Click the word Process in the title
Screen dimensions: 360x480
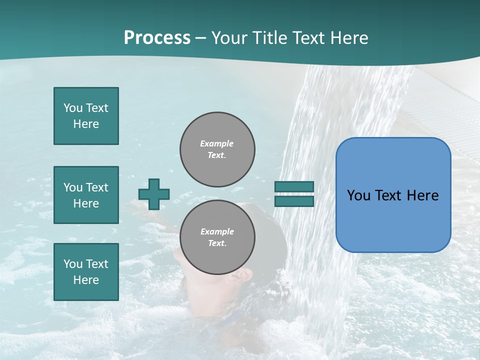157,38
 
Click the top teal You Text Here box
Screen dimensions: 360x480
86,116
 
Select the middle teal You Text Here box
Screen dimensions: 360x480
86,195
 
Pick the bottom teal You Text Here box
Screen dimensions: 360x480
86,272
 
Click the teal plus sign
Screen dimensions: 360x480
154,194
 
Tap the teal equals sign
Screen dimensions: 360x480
294,194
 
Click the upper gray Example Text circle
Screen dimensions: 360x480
217,149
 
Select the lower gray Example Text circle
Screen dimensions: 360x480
217,237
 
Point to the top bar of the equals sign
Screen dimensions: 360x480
294,187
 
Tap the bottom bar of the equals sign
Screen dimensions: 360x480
294,201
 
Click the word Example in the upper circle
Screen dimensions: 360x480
217,143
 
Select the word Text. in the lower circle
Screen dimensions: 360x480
217,243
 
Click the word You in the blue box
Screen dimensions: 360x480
358,195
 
